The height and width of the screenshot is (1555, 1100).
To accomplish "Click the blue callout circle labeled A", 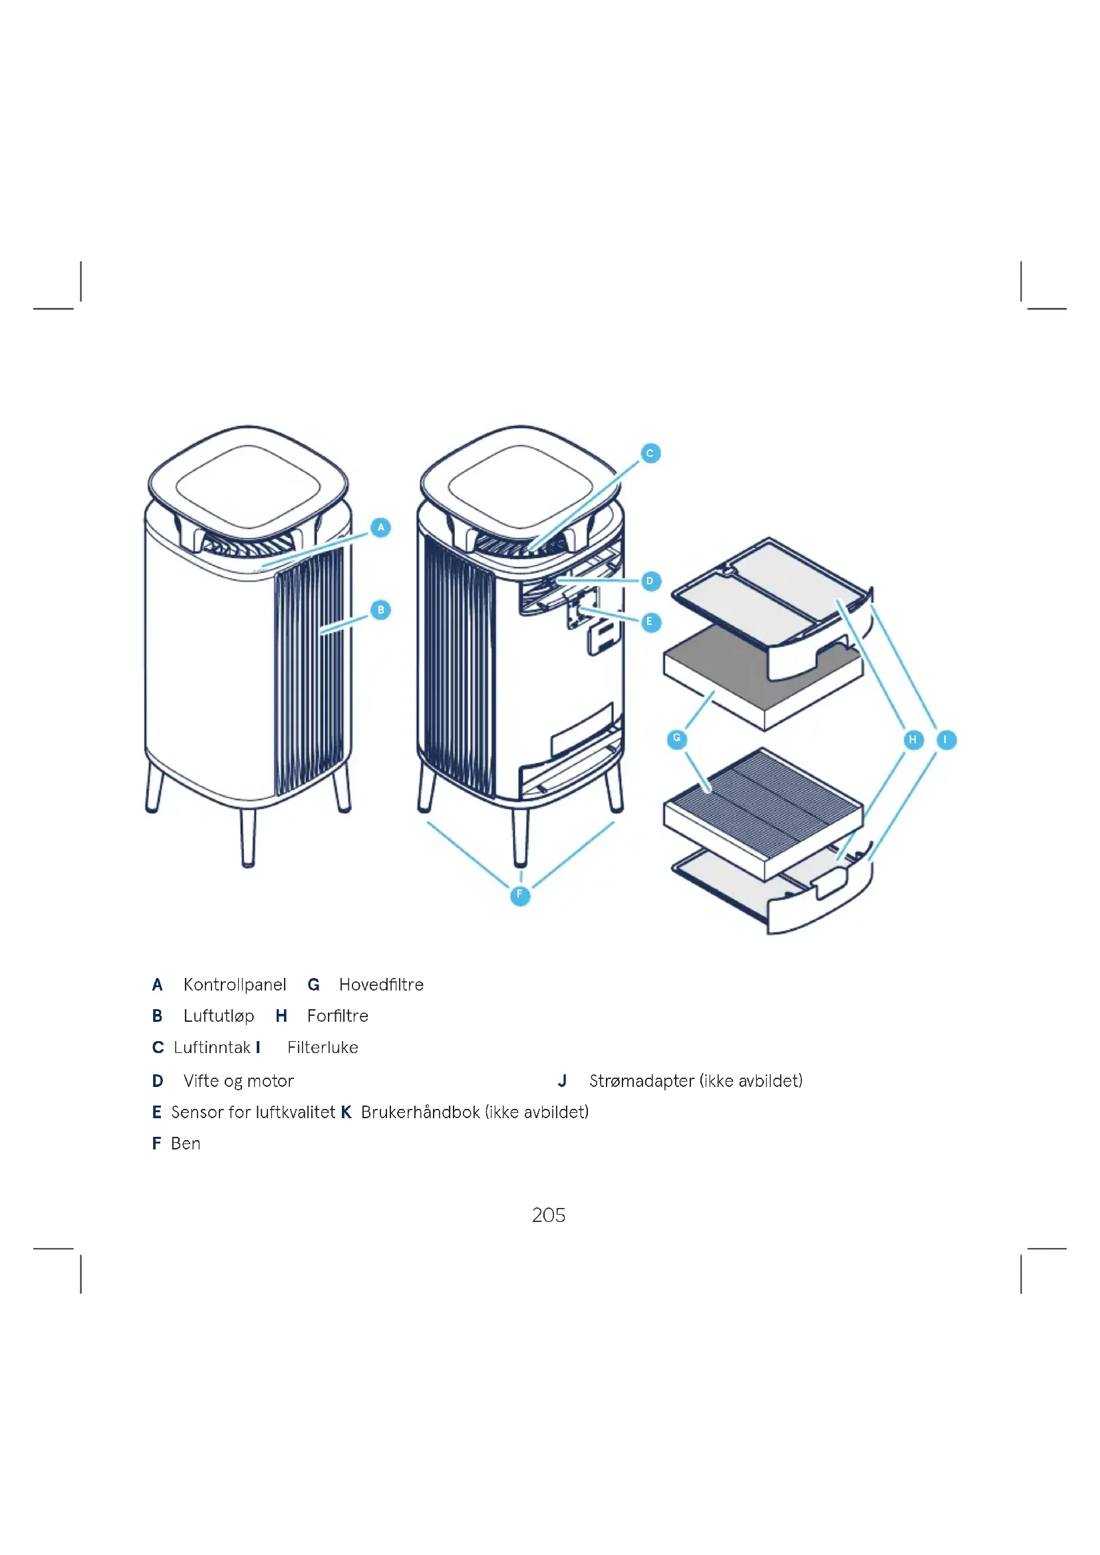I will coord(380,528).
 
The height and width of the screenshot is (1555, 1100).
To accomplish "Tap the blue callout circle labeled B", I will coord(380,610).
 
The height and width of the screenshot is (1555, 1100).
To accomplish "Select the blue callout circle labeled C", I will coord(650,453).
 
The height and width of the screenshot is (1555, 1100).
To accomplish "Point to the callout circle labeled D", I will coord(650,581).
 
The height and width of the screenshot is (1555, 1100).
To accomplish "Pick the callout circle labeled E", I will coord(650,622).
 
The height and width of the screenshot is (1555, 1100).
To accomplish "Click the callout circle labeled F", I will coord(519,896).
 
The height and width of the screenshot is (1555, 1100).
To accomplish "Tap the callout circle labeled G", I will coord(676,739).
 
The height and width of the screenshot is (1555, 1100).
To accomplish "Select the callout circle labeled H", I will coord(913,739).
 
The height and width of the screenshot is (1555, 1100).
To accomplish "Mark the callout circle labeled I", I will coord(946,739).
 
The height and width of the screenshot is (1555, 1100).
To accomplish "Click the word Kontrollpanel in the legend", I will coord(234,985).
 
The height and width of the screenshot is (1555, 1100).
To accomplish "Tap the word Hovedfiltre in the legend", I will coord(381,985).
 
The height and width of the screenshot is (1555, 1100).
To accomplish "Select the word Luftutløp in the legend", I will coord(219,1016).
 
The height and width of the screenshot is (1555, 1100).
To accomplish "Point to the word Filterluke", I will coord(323,1048).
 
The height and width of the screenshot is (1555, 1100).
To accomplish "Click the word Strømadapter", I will coord(641,1081).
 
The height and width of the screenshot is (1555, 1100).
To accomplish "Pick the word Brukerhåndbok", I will coord(420,1112).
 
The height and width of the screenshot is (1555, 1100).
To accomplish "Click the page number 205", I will coord(549,1215).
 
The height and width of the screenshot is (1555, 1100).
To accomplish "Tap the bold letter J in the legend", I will coord(562,1081).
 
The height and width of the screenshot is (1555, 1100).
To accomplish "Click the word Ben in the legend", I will coord(186,1144).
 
